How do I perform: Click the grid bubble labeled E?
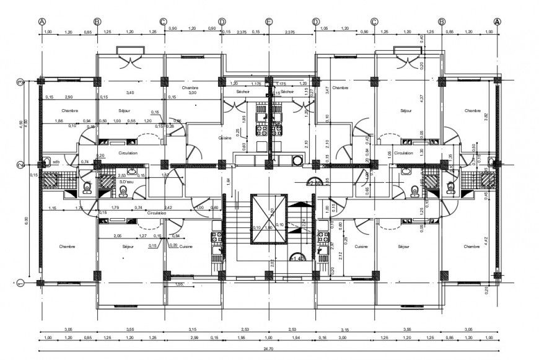click(x=269, y=21)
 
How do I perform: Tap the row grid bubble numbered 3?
click(x=20, y=81)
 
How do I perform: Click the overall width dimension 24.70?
click(x=268, y=349)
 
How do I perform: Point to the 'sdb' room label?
click(x=56, y=162)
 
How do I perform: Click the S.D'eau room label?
click(x=127, y=182)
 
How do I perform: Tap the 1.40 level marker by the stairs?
click(x=298, y=258)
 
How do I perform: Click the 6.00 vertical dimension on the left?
click(x=27, y=220)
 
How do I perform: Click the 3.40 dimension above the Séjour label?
click(x=129, y=93)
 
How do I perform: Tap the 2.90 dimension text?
click(x=69, y=97)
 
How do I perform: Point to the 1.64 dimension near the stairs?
click(x=227, y=180)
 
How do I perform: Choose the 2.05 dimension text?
click(x=117, y=236)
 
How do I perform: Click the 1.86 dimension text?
click(x=59, y=121)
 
